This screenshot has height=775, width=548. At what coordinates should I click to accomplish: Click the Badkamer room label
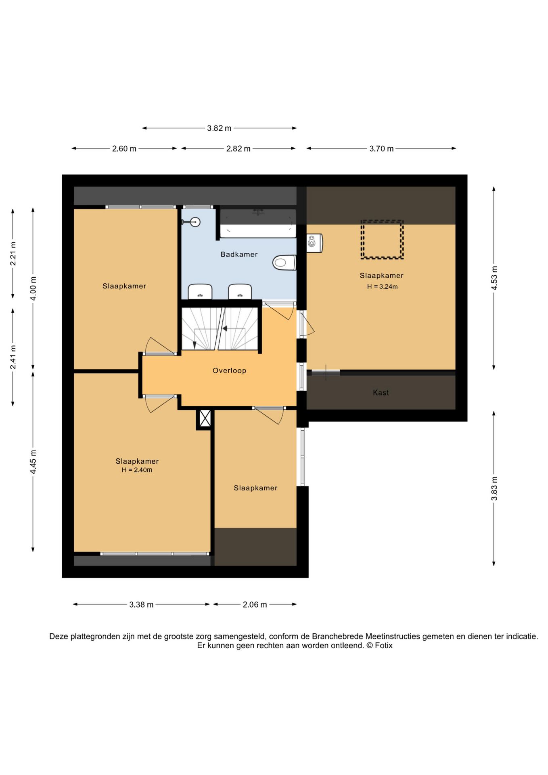[x=239, y=254]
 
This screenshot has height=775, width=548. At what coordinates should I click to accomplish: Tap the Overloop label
[x=229, y=371]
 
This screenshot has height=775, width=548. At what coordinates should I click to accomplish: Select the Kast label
[x=381, y=392]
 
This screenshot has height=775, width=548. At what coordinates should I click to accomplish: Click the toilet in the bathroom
[x=284, y=262]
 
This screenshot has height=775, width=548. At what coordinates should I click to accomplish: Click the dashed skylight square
[x=382, y=239]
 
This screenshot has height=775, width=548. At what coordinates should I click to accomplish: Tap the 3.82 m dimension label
[x=219, y=128]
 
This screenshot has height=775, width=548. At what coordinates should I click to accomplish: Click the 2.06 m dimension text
[x=255, y=605]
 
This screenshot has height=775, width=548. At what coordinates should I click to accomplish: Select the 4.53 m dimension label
[x=494, y=278]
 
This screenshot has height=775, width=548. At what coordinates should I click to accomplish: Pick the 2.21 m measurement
[x=13, y=253]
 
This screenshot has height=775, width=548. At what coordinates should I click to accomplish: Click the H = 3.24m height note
[x=382, y=287]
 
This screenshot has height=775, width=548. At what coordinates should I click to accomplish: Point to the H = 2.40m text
[x=137, y=470]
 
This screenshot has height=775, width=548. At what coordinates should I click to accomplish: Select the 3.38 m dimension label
[x=141, y=605]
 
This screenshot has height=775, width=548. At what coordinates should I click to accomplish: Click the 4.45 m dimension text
[x=33, y=462]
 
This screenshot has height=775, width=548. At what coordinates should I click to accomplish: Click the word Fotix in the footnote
[x=383, y=645]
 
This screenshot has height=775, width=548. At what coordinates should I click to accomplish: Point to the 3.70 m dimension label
[x=381, y=149]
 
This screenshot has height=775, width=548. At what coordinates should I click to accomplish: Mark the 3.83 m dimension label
[x=494, y=488]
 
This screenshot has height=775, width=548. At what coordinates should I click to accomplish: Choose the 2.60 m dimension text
[x=124, y=149]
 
